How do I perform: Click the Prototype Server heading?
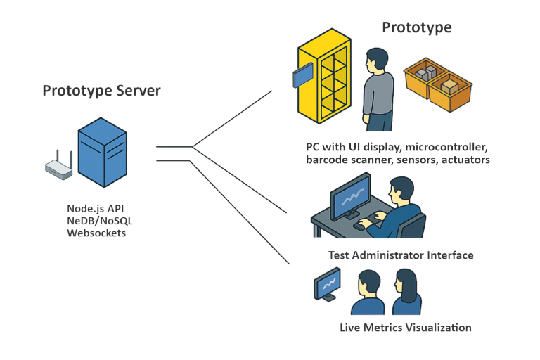click(x=101, y=91)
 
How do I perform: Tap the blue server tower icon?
click(x=103, y=153)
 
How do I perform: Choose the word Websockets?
click(x=96, y=232)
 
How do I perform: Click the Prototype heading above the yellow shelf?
click(x=416, y=27)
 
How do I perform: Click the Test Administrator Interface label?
click(x=400, y=255)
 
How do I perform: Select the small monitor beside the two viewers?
click(x=328, y=284)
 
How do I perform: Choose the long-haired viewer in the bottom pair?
click(x=406, y=292)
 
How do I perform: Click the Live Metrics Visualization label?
click(x=405, y=328)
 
